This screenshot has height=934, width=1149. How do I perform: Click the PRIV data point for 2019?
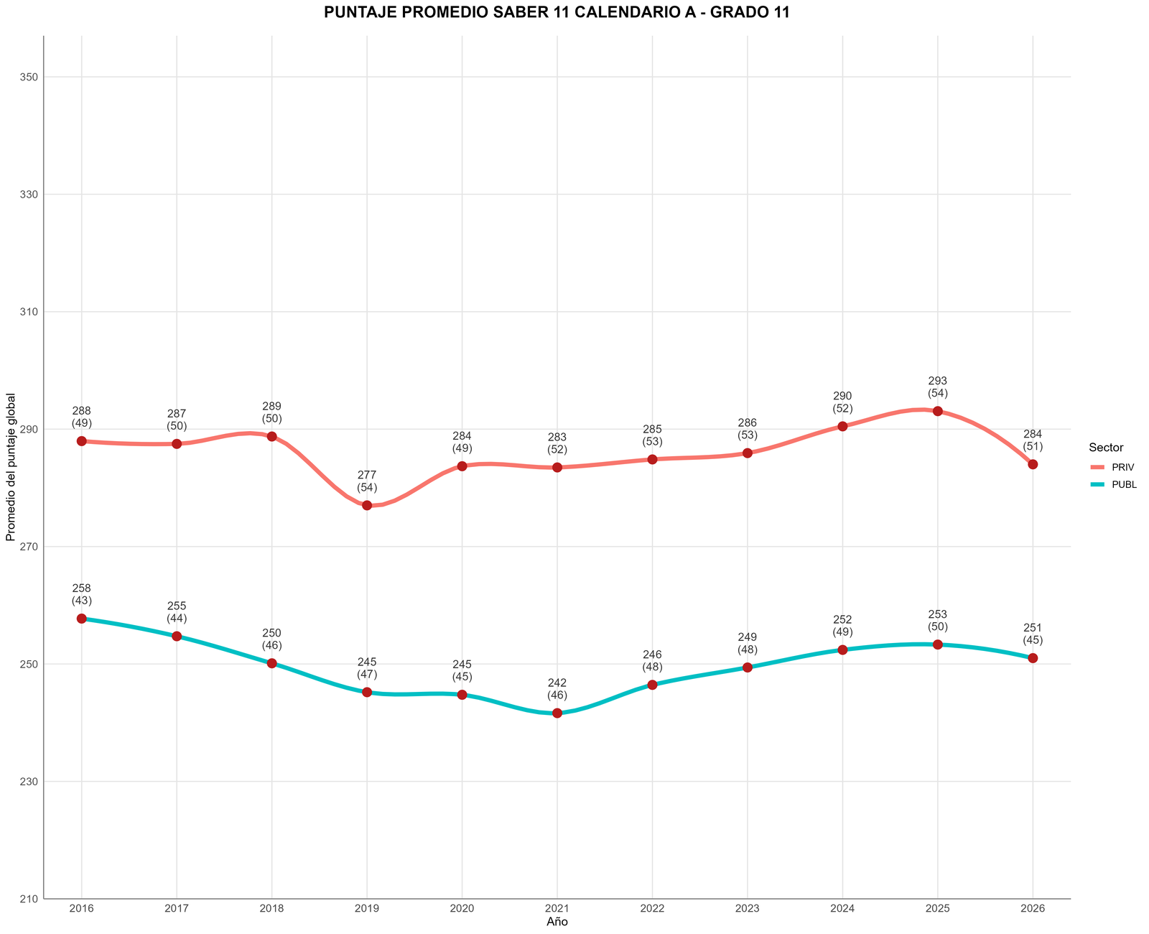coord(367,505)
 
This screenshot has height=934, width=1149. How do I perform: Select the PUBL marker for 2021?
coord(557,713)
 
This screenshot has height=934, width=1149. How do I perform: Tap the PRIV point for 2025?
coord(938,411)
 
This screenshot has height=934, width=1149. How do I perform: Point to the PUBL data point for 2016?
coord(81,619)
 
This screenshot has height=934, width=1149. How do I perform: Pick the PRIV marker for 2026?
coord(1033,464)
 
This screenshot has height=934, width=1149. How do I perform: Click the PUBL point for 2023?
coord(747,667)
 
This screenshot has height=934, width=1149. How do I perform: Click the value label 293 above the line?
coord(938,381)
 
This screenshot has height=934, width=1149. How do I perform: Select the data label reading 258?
coord(81,588)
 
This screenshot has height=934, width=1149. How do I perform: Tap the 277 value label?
coord(367,475)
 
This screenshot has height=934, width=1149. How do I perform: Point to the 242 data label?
coord(557,683)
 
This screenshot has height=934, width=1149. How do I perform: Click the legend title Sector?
coord(1106,448)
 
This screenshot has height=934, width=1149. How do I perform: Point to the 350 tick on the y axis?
coord(29,77)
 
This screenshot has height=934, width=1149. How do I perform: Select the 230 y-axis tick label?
coord(29,781)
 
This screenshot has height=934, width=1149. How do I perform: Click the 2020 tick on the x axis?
coord(462,909)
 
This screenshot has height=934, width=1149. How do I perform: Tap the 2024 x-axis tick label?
coord(842,909)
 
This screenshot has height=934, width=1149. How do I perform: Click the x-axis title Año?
coord(557,922)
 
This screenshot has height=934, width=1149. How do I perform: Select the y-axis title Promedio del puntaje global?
coord(11,467)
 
